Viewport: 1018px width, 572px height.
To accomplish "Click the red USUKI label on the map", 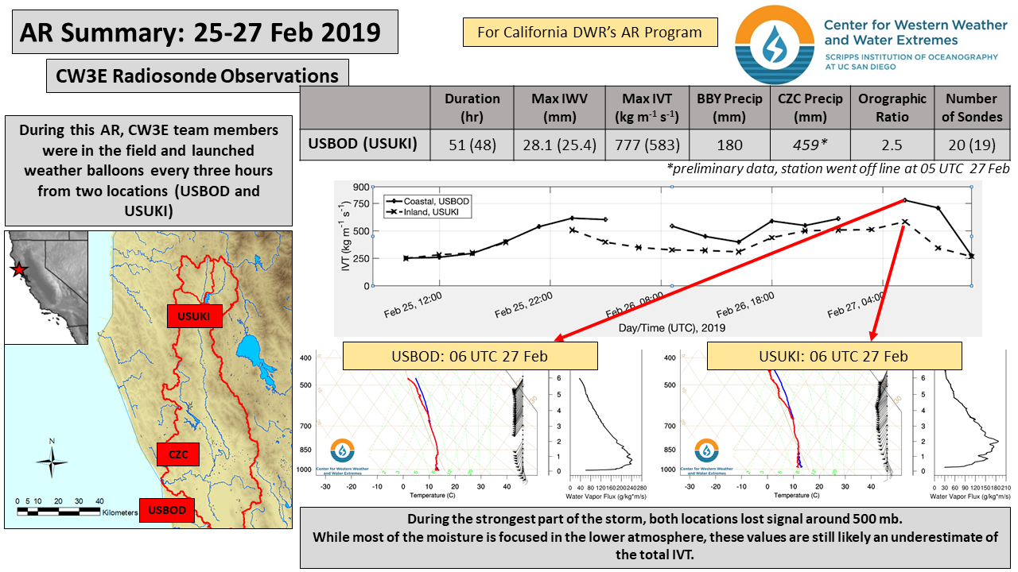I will pos(194,315).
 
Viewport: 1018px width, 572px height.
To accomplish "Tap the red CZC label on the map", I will pos(178,454).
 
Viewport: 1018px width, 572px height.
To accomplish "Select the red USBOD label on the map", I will pos(167,509).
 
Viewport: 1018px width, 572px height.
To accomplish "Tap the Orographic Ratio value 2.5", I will pos(892,145).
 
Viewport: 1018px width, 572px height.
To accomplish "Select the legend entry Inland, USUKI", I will pos(426,212).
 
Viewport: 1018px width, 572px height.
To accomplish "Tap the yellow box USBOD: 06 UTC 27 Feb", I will pos(469,356).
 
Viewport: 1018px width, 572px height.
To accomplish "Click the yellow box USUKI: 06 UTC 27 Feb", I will pos(834,356).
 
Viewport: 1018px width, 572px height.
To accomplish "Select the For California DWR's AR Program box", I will pos(589,33).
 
